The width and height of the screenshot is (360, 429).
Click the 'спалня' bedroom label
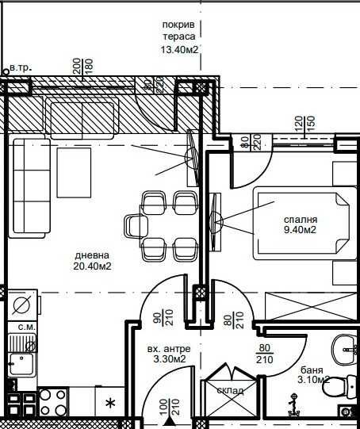(300, 220)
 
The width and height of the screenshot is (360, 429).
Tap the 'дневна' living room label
(92, 255)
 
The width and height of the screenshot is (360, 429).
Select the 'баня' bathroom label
(311, 370)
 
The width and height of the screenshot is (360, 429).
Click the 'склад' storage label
(229, 389)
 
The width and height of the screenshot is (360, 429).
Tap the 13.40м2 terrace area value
(178, 49)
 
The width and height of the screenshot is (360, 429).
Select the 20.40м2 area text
(92, 266)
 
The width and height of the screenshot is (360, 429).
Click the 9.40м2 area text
(300, 231)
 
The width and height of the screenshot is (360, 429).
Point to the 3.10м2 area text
(311, 381)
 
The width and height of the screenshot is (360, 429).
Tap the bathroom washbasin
(347, 346)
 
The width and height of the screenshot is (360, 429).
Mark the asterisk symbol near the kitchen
(109, 404)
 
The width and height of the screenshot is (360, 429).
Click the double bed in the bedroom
(300, 224)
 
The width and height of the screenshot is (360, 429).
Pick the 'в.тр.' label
(19, 68)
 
